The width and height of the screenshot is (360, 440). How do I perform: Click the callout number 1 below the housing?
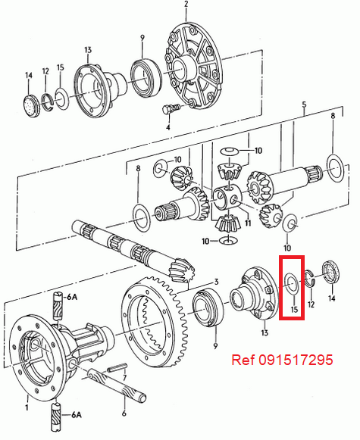point(27,408)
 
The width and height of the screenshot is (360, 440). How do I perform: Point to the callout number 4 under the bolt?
point(168,127)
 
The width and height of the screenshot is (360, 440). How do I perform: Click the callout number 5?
point(304,104)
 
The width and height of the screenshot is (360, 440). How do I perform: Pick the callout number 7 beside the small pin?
point(126,376)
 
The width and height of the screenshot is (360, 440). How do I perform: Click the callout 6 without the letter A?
point(124,415)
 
